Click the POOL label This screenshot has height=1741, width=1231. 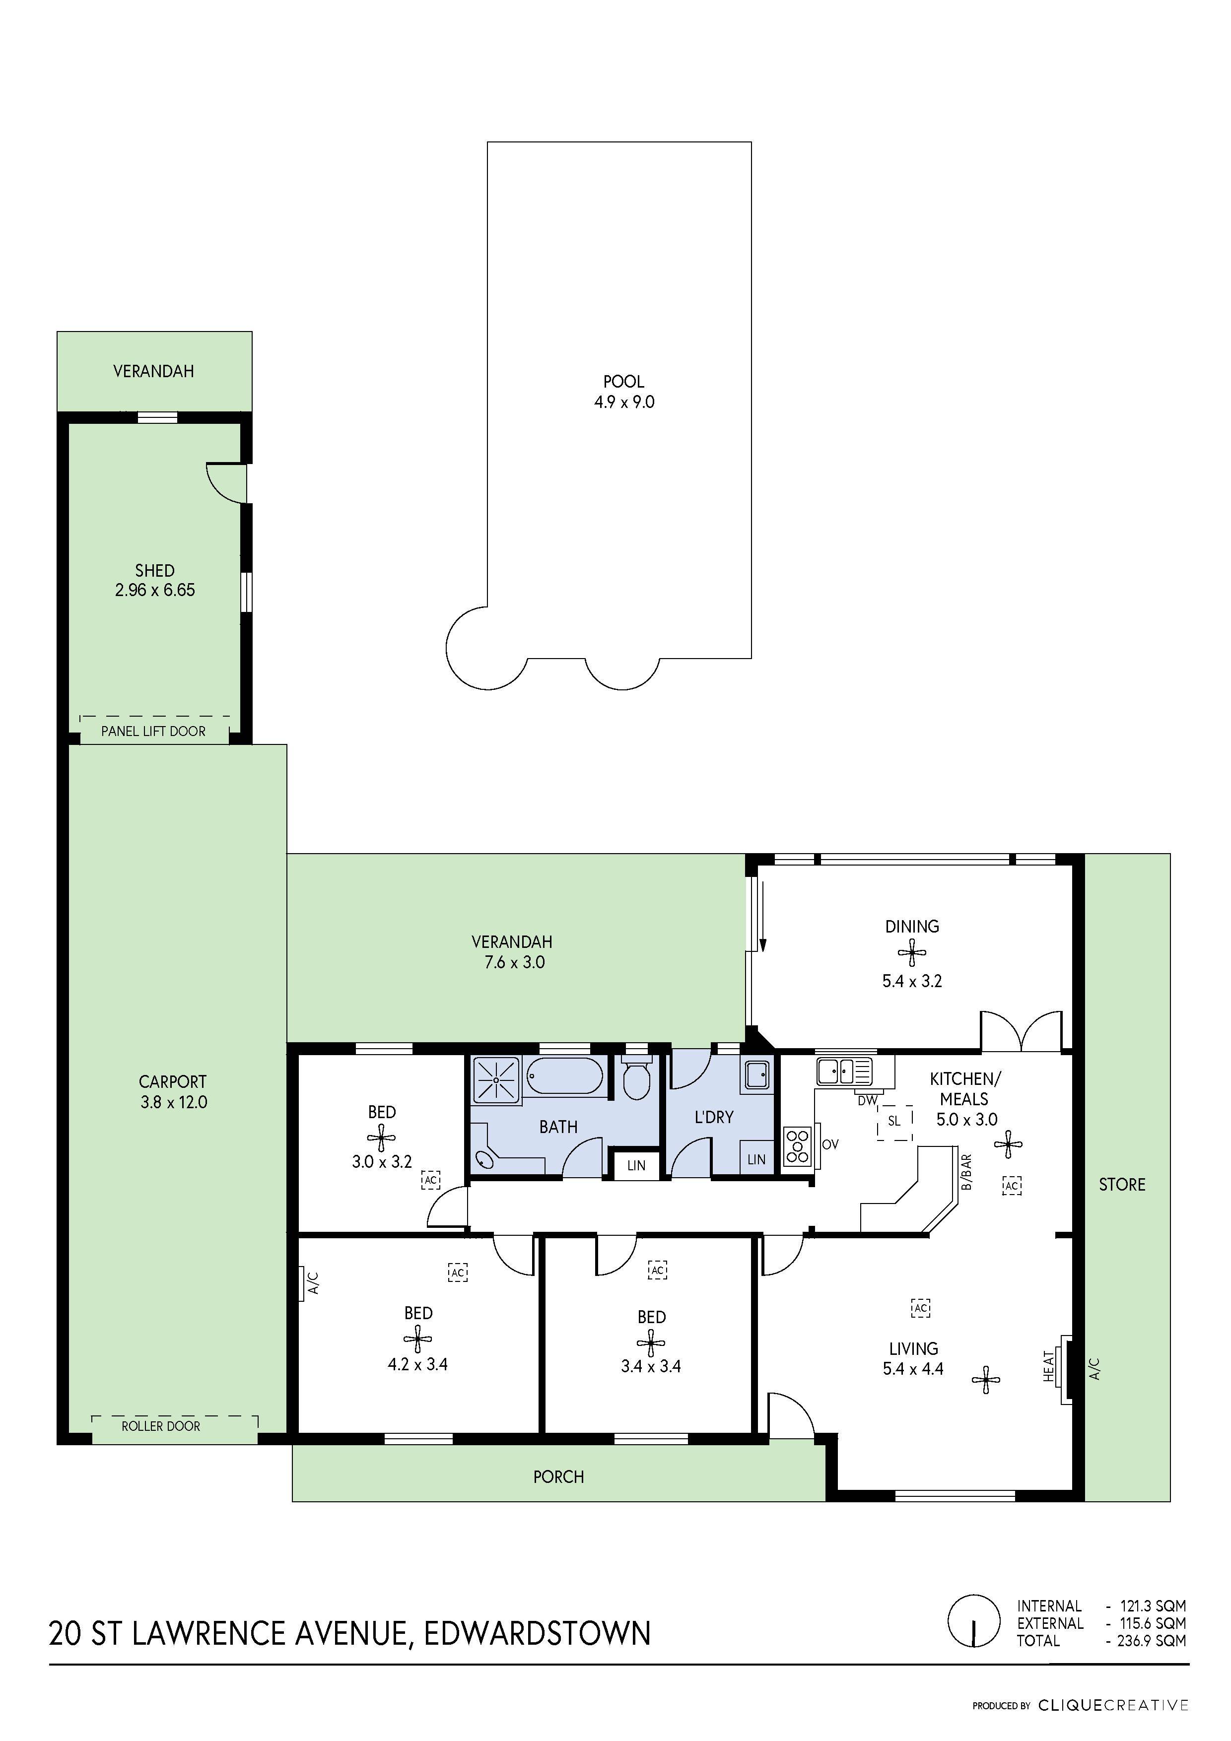(623, 382)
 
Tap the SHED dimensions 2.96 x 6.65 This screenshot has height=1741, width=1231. (155, 590)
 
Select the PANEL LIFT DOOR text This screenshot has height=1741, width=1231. (153, 731)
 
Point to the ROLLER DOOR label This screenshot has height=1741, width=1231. (161, 1425)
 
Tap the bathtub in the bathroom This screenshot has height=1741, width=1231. (565, 1076)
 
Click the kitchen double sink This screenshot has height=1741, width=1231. (845, 1071)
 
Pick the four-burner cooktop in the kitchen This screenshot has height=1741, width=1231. (797, 1146)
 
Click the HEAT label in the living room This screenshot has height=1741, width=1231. (1050, 1366)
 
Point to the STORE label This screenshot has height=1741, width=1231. (1122, 1185)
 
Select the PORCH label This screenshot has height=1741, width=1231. (558, 1476)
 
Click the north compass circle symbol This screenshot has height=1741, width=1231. (974, 1621)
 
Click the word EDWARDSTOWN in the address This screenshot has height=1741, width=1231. (537, 1633)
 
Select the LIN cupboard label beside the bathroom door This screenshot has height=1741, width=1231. (636, 1165)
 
